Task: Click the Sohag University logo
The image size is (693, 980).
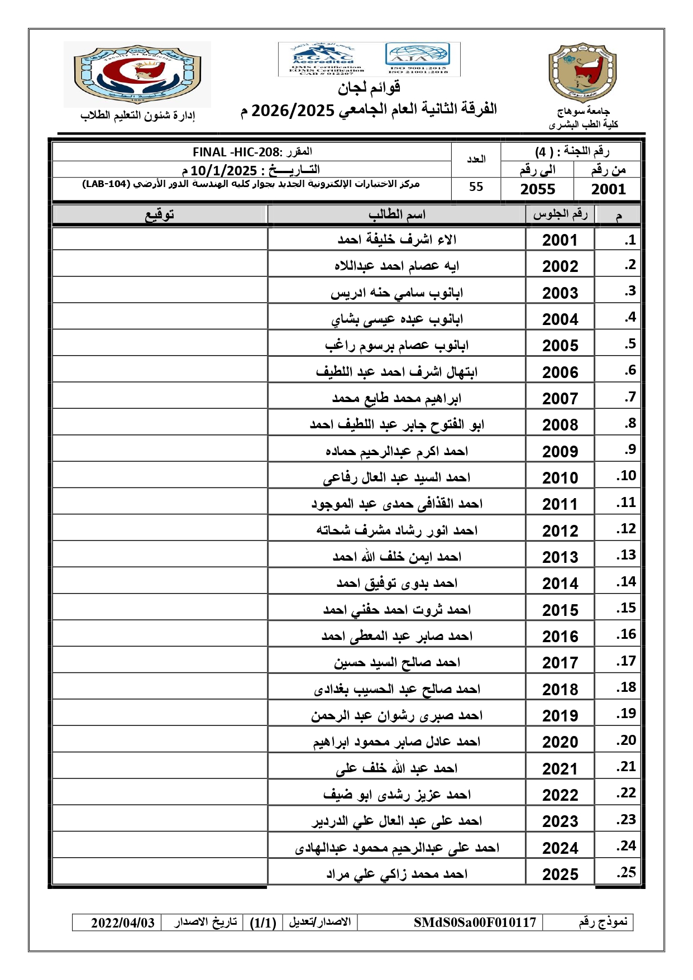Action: point(582,73)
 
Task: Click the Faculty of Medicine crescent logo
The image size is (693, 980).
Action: point(137,74)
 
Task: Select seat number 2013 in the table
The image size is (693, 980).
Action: point(560,557)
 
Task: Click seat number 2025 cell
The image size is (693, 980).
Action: point(560,874)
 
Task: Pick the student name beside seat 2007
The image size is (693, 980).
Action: point(396,398)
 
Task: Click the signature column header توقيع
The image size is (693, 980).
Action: point(160,214)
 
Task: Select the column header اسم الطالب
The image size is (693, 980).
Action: point(396,214)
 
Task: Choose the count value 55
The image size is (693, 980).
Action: point(476,187)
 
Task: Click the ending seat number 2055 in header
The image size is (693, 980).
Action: point(537,189)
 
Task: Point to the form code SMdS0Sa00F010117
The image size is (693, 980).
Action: point(475,922)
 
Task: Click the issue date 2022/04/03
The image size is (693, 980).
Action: point(123,922)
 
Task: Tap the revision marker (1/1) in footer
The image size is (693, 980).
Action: point(263,922)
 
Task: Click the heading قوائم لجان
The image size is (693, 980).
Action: point(369,87)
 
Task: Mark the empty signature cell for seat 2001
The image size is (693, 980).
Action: point(160,240)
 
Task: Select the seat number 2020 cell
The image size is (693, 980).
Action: point(560,742)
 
